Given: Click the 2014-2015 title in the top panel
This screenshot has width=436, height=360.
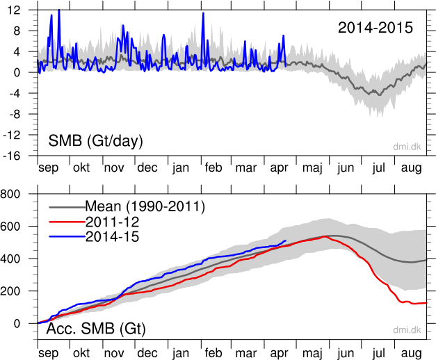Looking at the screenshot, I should pyautogui.click(x=376, y=28).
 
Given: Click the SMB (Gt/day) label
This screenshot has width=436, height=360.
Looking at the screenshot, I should pyautogui.click(x=95, y=141).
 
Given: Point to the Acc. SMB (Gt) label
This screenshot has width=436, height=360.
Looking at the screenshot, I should pyautogui.click(x=95, y=329).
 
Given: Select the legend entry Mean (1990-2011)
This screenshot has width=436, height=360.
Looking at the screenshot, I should pyautogui.click(x=145, y=206).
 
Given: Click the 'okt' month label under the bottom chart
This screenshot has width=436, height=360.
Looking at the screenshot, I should pyautogui.click(x=81, y=353).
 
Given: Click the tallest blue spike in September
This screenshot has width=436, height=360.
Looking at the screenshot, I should pyautogui.click(x=58, y=10).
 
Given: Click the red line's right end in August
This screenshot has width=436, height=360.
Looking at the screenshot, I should pyautogui.click(x=425, y=303).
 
